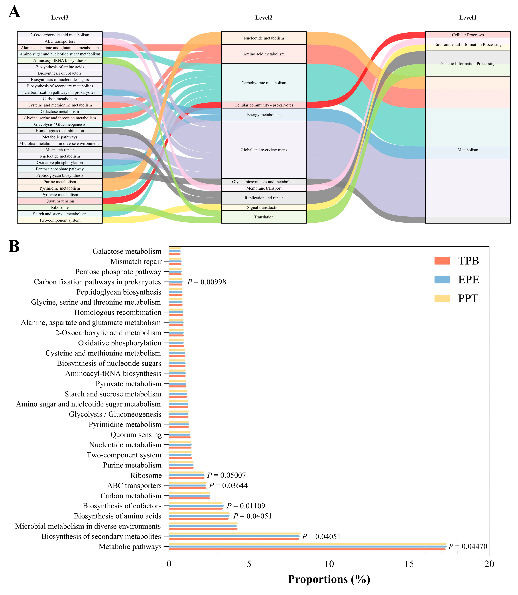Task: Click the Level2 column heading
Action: tap(264, 18)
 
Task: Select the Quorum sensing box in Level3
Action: tap(60, 201)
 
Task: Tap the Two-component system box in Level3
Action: tap(60, 220)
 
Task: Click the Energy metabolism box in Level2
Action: tap(264, 115)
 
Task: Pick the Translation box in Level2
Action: tap(264, 217)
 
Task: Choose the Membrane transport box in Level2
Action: tap(264, 188)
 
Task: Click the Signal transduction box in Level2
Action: tap(264, 208)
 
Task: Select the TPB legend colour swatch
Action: tap(442, 261)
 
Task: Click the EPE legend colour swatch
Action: tap(442, 279)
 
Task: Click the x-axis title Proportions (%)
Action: tap(329, 579)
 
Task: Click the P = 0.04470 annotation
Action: tap(468, 546)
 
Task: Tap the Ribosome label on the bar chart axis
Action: tap(146, 475)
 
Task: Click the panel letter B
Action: tap(14, 247)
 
